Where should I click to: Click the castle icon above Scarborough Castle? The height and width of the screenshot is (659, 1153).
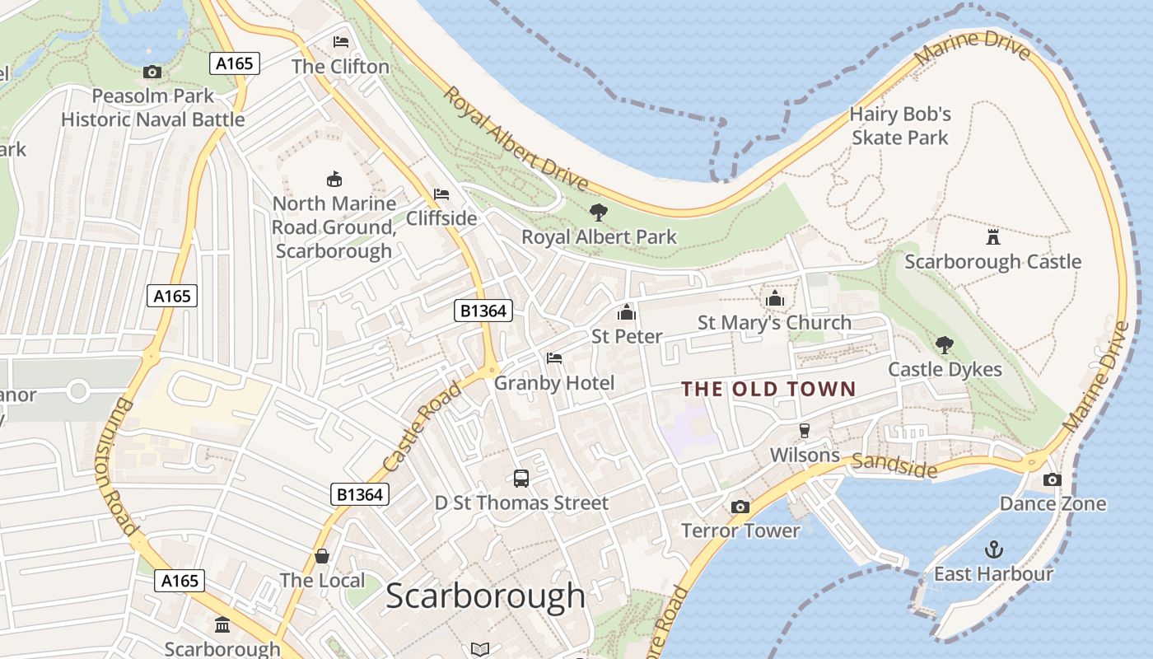pos(992,237)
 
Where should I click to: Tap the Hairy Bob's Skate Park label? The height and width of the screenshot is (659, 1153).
pos(900,125)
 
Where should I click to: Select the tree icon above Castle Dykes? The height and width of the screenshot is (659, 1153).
pos(945,345)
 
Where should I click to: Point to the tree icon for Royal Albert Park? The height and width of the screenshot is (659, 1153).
pos(599,213)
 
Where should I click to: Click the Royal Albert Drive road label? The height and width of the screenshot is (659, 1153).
pos(516,138)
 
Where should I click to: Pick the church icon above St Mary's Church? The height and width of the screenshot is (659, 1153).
pos(774,298)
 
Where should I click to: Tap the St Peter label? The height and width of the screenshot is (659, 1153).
pos(627,336)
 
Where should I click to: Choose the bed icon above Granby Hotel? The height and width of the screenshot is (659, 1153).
pos(554,358)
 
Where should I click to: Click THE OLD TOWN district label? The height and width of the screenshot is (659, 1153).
pos(769,389)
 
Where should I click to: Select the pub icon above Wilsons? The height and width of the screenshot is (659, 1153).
pos(805,431)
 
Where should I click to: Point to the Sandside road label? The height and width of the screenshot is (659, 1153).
pos(894,465)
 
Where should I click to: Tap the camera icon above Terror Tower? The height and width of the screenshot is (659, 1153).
pos(740,507)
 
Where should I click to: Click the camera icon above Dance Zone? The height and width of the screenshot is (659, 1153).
pos(1052,479)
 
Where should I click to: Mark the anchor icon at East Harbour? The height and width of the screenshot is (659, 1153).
pos(994,549)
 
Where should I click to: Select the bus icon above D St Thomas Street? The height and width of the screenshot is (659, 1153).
pos(520,478)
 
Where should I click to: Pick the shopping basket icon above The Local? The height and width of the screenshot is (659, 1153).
pos(322,556)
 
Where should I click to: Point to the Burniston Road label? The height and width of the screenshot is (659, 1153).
pos(122,466)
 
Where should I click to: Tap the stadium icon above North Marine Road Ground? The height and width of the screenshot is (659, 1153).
pos(334,179)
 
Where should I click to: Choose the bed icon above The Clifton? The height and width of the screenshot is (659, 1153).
pos(340,42)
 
